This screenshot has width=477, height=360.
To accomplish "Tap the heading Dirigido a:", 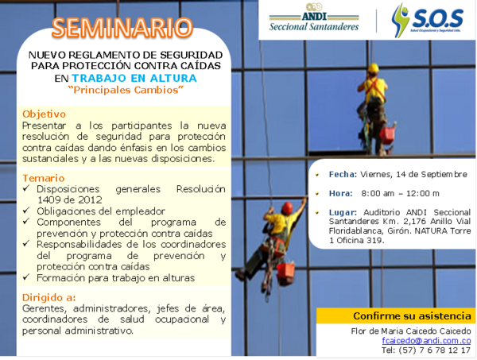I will (50, 296).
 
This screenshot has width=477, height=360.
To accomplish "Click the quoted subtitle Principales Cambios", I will (126, 91).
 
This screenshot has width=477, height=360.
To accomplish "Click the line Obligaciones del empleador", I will (101, 211).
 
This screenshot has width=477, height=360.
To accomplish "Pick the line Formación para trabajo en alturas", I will (114, 278).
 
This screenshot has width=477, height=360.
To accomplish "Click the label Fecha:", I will (343, 173).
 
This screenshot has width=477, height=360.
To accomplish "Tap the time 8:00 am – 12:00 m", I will (400, 193).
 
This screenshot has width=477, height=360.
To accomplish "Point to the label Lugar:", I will (343, 212).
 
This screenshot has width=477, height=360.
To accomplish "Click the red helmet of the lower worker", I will (287, 207).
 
